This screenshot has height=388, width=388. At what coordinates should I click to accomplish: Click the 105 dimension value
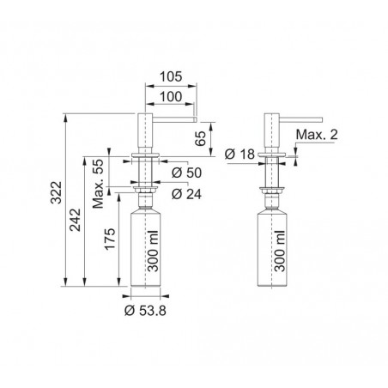pyautogui.click(x=171, y=76)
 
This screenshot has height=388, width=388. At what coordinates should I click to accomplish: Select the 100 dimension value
pyautogui.click(x=171, y=97)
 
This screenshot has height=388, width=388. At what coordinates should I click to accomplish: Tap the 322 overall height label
pyautogui.click(x=56, y=192)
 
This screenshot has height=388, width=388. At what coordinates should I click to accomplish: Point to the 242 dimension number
pyautogui.click(x=76, y=220)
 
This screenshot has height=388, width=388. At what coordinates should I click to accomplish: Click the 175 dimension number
pyautogui.click(x=110, y=239)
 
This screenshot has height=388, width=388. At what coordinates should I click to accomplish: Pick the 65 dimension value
pyautogui.click(x=200, y=138)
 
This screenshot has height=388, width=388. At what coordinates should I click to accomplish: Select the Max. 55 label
pyautogui.click(x=98, y=184)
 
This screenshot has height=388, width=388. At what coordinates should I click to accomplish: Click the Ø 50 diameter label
pyautogui.click(x=186, y=173)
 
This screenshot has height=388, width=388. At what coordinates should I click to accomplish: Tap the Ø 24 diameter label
pyautogui.click(x=186, y=194)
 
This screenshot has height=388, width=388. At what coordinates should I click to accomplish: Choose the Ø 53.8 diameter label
pyautogui.click(x=145, y=311)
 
